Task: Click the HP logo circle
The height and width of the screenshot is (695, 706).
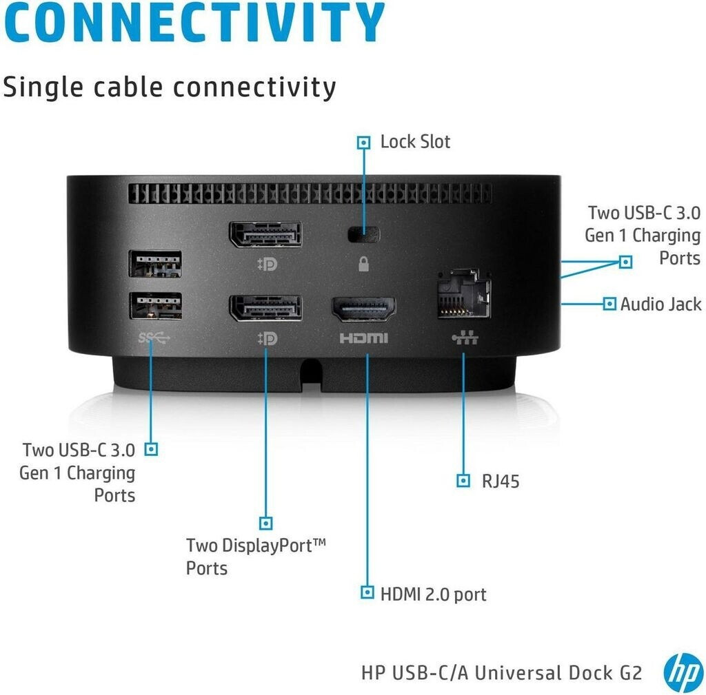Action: [683, 672]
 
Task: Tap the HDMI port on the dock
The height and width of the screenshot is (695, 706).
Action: [364, 309]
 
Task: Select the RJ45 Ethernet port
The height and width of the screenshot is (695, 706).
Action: [463, 293]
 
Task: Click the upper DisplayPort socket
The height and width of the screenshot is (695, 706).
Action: [265, 235]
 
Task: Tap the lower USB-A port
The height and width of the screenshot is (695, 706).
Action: [155, 306]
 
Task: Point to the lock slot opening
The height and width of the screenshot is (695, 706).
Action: [364, 235]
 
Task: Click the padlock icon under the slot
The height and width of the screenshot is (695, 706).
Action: [364, 264]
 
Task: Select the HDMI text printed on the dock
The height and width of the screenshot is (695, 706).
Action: [363, 338]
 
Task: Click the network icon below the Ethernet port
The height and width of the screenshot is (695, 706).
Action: [463, 338]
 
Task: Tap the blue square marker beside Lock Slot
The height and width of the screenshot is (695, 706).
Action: [363, 143]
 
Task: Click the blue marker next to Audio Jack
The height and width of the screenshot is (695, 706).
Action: [609, 304]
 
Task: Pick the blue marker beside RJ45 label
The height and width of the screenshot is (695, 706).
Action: [463, 480]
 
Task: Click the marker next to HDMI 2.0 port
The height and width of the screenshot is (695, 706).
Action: [367, 593]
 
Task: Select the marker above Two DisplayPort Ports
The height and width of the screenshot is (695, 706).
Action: [265, 523]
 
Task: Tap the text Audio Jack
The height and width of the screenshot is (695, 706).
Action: [660, 304]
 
